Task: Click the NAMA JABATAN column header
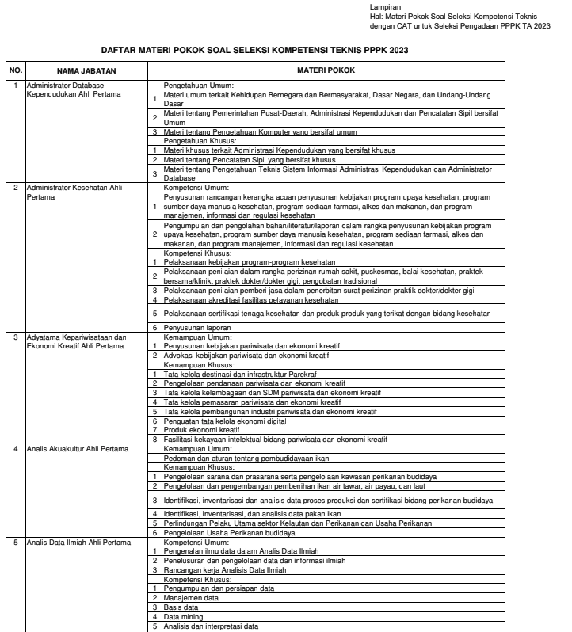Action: (x=86, y=70)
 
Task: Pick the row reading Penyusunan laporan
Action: (x=197, y=326)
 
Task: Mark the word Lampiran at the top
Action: (x=385, y=7)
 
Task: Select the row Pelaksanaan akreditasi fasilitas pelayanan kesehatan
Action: (x=251, y=300)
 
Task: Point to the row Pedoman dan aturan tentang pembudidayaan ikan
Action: (x=246, y=457)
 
